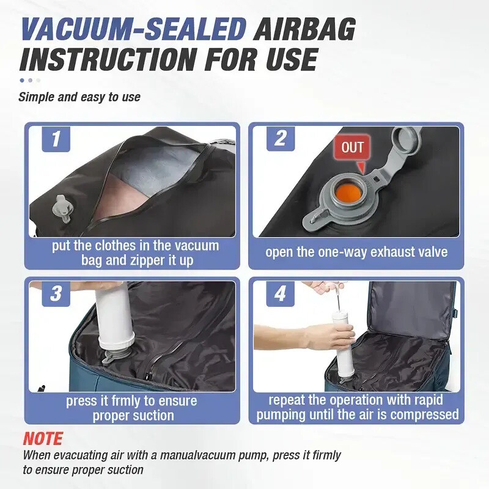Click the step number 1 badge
click(x=56, y=139)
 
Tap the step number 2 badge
click(x=281, y=139)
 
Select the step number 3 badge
click(x=56, y=293)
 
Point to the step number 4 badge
click(x=280, y=293)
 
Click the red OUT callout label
click(x=352, y=147)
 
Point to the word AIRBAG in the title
click(x=305, y=29)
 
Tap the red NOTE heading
click(x=43, y=438)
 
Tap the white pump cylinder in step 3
click(x=114, y=315)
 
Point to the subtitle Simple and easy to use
click(x=79, y=97)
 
